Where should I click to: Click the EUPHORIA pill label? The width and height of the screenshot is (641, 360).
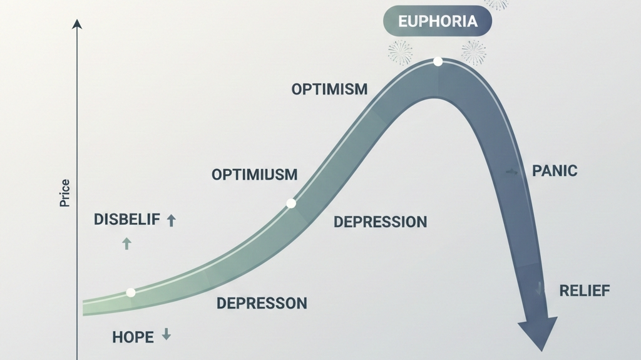437,22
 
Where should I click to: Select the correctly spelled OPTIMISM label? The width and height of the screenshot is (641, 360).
329,89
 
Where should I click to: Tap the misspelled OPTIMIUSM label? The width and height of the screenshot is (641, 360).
254,174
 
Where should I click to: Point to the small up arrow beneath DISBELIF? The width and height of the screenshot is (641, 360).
126,243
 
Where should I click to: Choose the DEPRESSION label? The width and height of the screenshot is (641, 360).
380,222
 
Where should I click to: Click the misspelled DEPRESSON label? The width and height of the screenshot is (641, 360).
262,304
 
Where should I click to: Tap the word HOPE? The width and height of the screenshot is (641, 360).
133,337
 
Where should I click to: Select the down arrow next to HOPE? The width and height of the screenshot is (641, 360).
167,335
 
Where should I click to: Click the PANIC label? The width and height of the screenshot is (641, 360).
554,170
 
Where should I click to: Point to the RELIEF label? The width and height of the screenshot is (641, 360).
584,291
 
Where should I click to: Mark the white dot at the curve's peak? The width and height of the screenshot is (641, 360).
438,61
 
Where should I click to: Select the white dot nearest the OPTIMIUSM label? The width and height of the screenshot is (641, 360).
291,203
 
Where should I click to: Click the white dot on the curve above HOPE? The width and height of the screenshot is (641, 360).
131,292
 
